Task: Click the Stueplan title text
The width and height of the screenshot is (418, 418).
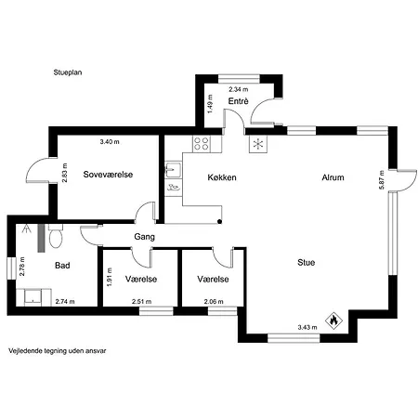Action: coord(68,72)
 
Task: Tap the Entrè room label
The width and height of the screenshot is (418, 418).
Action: coord(238,101)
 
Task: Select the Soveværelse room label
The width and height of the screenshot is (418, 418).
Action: coord(108,175)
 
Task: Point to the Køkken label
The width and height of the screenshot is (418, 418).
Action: coord(222,177)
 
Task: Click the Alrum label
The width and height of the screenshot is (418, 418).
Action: coord(333,177)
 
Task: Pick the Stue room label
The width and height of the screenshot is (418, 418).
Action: coord(306,263)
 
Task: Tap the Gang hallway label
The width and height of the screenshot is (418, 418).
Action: coord(144,237)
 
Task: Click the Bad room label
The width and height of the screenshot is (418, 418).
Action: coord(62,266)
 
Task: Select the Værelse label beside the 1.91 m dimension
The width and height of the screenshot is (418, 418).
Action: coord(141,279)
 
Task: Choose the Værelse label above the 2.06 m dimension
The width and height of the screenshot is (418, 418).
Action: coord(213,279)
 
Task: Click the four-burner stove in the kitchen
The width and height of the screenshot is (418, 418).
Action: coord(202,144)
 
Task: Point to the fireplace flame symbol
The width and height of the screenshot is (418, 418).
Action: coord(333,320)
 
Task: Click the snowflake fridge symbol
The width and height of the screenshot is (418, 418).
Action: coord(258,144)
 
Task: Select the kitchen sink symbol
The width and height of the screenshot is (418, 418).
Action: coord(173,170)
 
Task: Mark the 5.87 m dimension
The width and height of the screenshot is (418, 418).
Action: coord(382,180)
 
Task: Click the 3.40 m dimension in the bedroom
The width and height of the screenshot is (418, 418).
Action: coord(110,142)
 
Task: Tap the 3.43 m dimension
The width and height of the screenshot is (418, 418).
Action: coord(307,327)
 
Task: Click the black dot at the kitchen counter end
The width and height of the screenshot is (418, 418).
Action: coord(219,221)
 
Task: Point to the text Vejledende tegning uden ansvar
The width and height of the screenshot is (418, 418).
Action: coord(58,351)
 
